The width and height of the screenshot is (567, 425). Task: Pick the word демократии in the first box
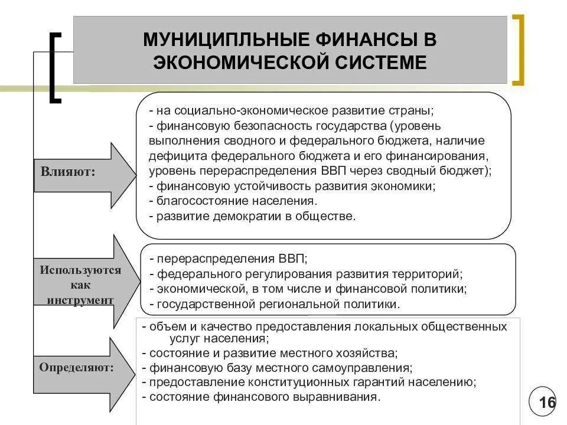pos(245,217)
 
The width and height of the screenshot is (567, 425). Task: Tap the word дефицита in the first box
pos(171,156)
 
